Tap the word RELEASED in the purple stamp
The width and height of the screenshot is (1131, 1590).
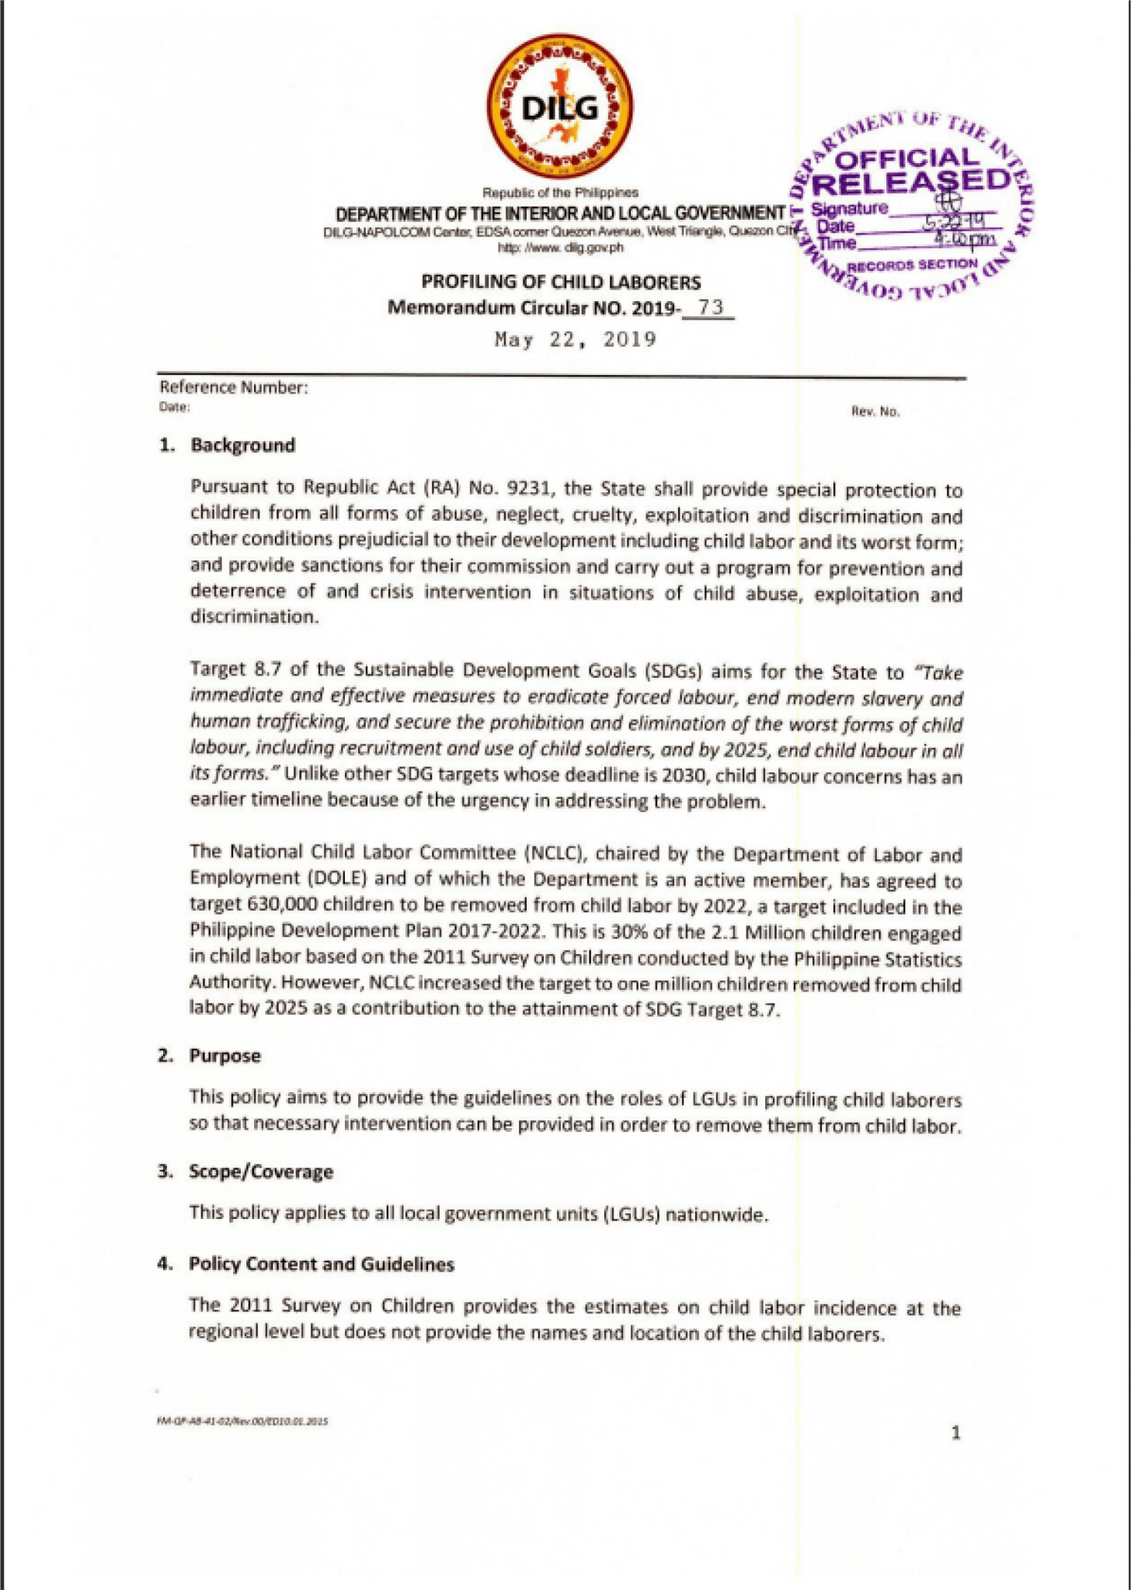click(913, 183)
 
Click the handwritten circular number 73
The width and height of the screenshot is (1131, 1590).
click(710, 307)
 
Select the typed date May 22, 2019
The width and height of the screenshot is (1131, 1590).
click(576, 339)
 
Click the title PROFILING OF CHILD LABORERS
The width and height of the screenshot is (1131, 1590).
click(561, 282)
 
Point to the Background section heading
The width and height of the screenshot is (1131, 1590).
click(242, 445)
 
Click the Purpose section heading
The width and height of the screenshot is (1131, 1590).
click(224, 1055)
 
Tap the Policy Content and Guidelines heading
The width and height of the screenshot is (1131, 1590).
click(321, 1263)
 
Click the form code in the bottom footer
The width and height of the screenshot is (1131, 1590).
click(242, 1421)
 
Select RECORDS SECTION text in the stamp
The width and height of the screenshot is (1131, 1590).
click(912, 266)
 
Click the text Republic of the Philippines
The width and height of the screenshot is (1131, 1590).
click(560, 192)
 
